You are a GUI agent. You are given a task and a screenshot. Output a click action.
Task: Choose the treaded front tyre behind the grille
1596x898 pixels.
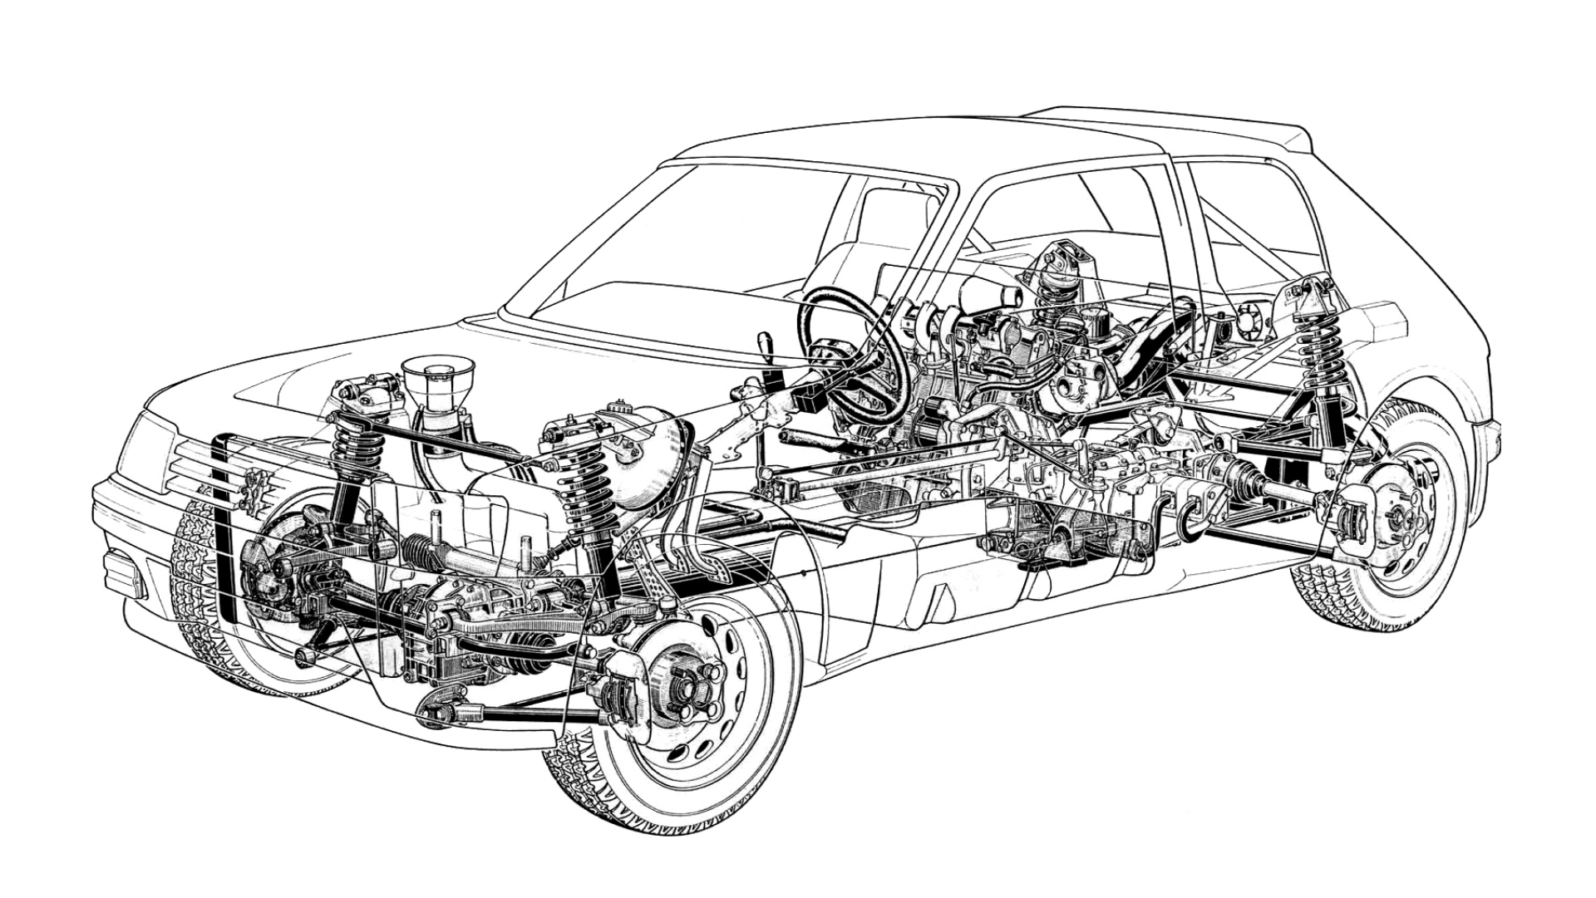[199, 581]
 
